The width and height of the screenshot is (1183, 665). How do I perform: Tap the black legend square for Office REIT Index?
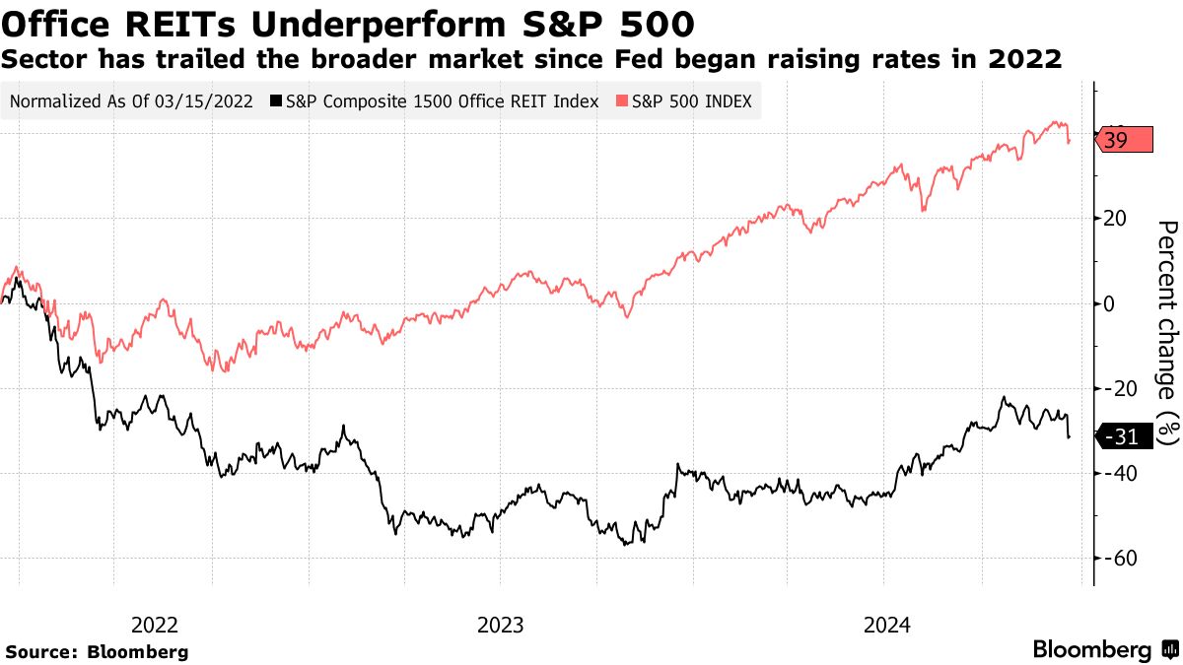(277, 100)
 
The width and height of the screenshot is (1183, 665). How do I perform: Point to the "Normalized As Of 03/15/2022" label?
(130, 100)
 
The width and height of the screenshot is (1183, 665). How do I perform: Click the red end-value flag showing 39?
(1124, 141)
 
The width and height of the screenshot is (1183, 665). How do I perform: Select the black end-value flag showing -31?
(1124, 436)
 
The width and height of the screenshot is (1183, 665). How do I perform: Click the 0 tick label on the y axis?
(1110, 303)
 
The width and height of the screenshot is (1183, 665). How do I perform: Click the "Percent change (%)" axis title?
(1166, 334)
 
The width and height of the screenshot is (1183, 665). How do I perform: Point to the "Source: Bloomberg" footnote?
(97, 651)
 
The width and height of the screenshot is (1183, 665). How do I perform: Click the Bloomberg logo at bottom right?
(1104, 649)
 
